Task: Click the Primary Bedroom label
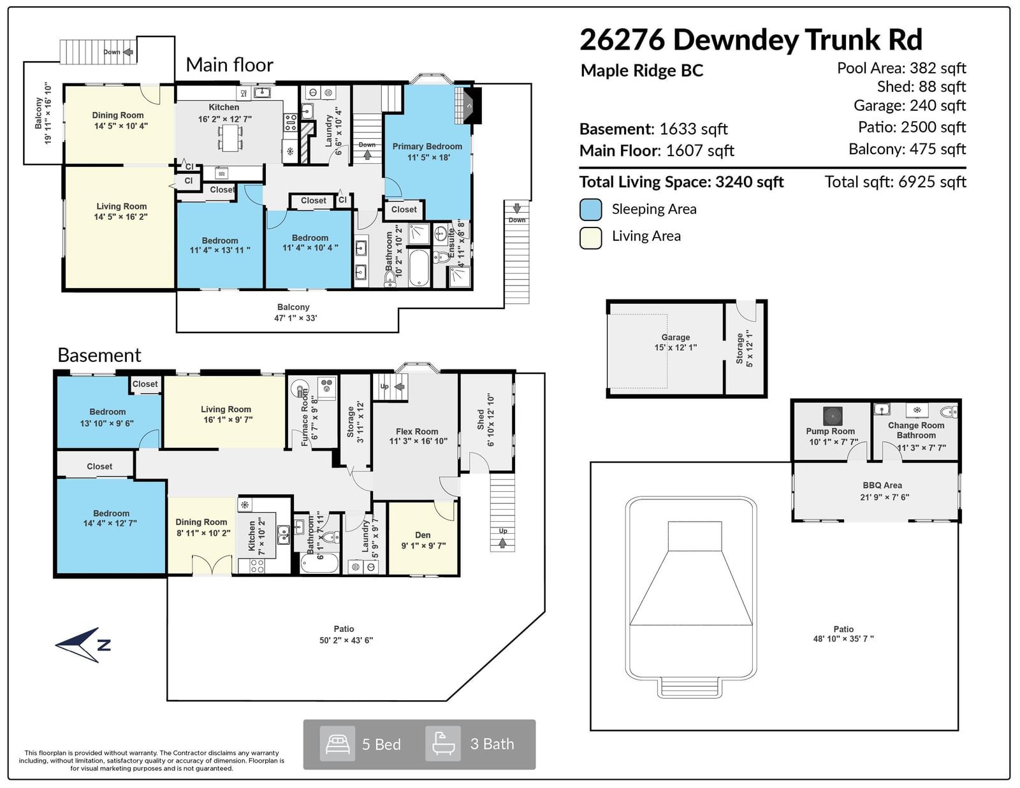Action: pos(427,147)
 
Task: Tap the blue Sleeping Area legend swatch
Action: pos(590,209)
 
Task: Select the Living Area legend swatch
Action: pos(590,238)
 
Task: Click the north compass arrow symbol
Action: pos(84,645)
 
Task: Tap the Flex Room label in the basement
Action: pos(417,431)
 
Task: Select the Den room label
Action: pos(423,535)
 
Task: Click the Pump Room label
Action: pos(831,431)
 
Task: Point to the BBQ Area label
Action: pos(882,485)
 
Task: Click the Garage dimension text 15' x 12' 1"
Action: pos(676,348)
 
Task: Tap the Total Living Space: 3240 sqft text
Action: pos(681,182)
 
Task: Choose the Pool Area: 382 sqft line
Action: pos(901,69)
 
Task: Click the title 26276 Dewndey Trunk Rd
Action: pos(751,39)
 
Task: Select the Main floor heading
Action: pos(229,65)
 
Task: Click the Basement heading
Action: pos(99,355)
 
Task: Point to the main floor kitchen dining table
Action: pos(230,137)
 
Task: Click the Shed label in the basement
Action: pos(481,419)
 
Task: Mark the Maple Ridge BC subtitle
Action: pos(642,71)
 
